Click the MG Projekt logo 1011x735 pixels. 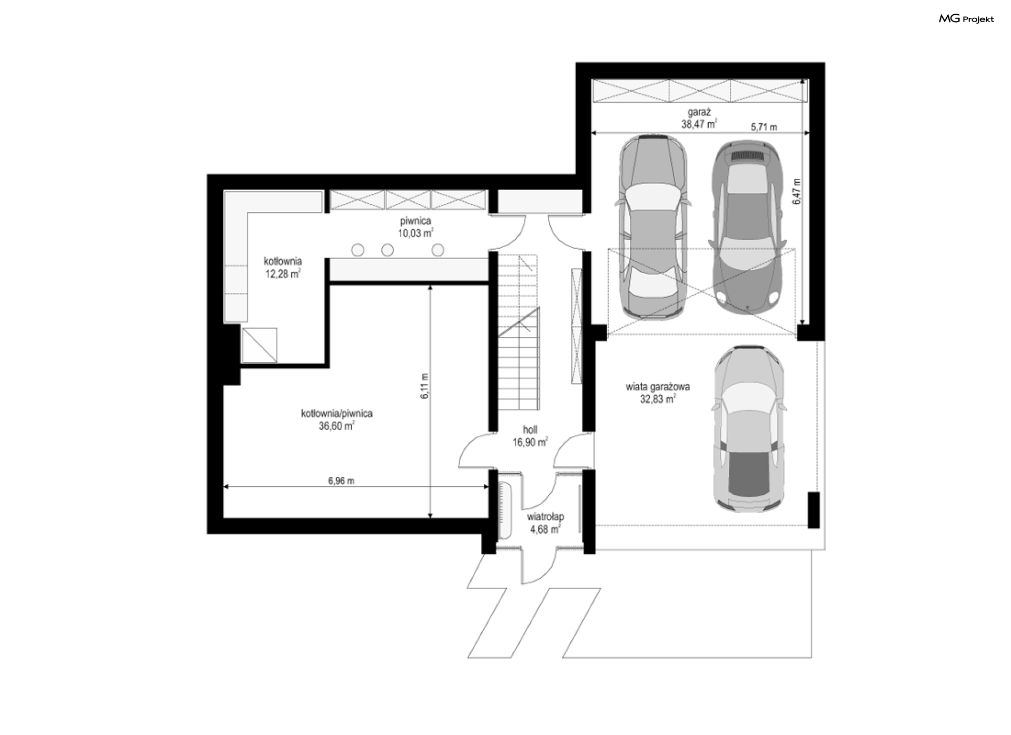pos(966,19)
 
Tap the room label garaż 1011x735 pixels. pos(699,113)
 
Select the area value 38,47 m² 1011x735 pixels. pos(699,125)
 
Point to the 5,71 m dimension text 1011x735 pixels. pos(764,127)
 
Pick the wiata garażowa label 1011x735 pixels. pos(658,387)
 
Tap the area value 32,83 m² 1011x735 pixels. pos(658,399)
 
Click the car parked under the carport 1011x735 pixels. pos(748,429)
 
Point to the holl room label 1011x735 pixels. pos(530,429)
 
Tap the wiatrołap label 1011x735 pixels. pos(546,517)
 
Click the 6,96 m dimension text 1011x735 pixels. pos(341,481)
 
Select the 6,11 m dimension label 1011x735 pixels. pos(425,386)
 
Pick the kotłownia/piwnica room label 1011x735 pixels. pos(337,414)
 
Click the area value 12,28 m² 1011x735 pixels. pos(283,273)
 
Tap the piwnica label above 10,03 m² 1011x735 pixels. pos(415,221)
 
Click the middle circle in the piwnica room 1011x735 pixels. pos(388,250)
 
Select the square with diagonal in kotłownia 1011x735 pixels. pos(260,345)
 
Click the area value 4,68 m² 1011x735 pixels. pos(545,529)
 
